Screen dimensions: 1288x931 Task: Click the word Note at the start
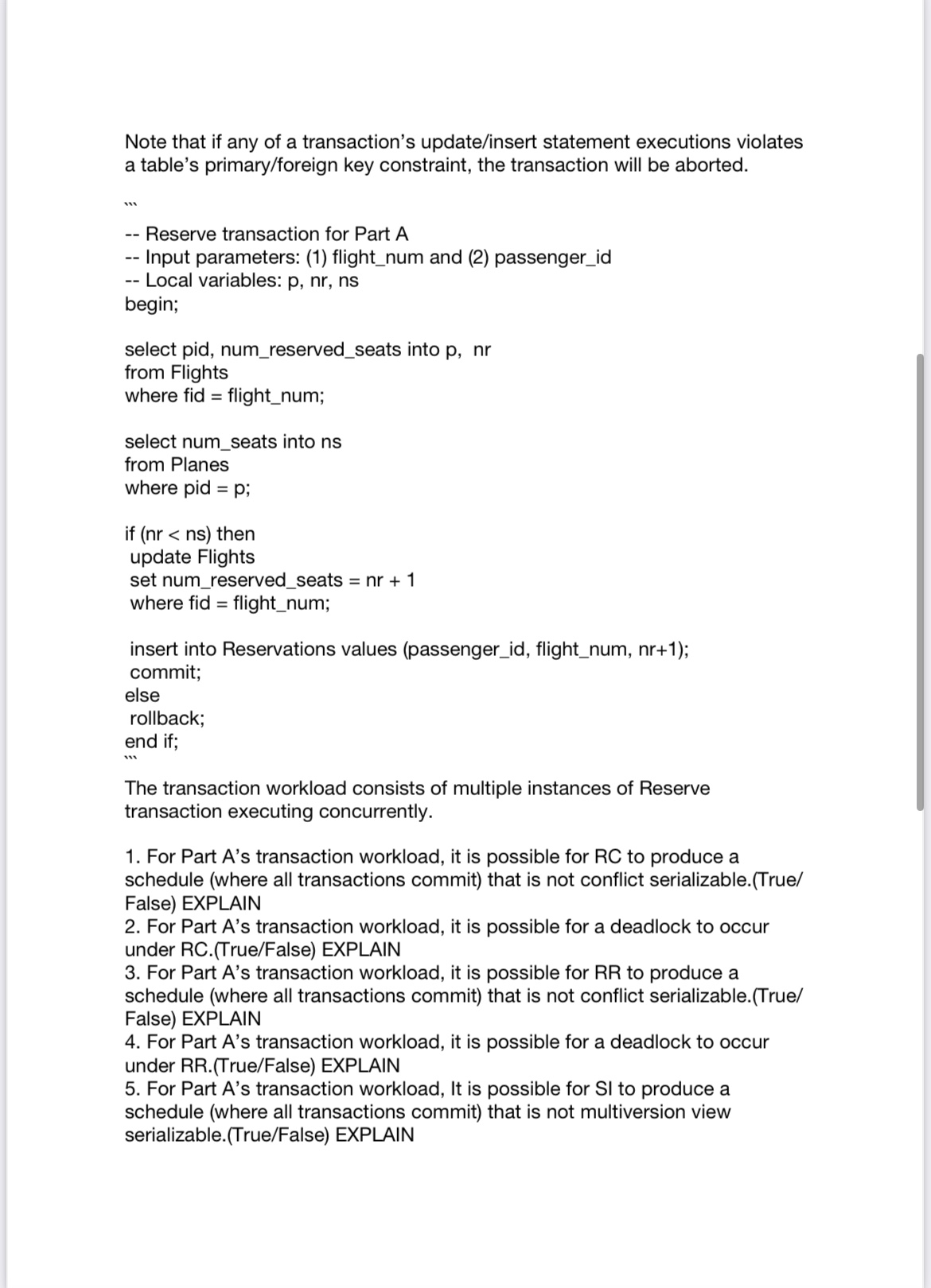pyautogui.click(x=146, y=142)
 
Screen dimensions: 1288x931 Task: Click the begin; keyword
pyautogui.click(x=151, y=304)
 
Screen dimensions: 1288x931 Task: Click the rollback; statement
pyautogui.click(x=167, y=719)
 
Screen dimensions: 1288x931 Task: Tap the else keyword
pyautogui.click(x=142, y=696)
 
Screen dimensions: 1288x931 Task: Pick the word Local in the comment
pyautogui.click(x=169, y=281)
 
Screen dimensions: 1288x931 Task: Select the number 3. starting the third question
pyautogui.click(x=132, y=973)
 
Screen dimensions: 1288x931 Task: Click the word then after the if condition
pyautogui.click(x=236, y=534)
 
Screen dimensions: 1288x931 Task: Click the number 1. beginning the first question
pyautogui.click(x=132, y=857)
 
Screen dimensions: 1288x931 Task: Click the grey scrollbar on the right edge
pyautogui.click(x=921, y=580)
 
